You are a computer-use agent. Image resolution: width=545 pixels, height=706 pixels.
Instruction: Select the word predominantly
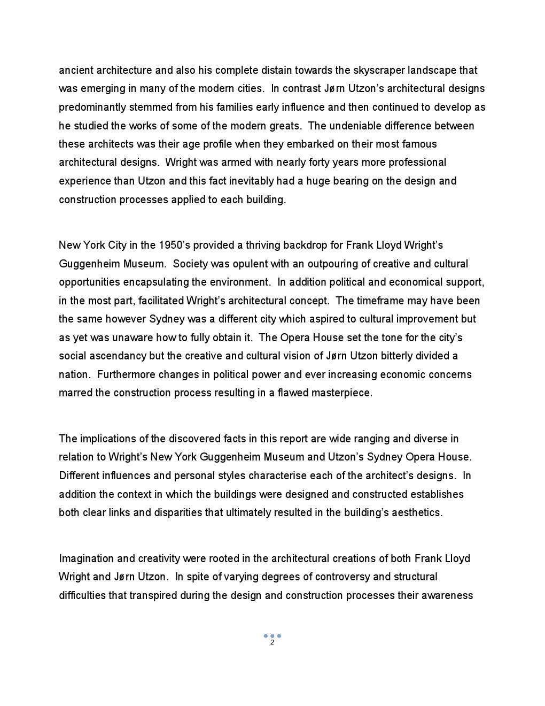[93, 107]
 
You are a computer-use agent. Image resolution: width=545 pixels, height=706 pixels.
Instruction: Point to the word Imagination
[87, 558]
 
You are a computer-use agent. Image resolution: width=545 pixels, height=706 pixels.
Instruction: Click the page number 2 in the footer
[272, 642]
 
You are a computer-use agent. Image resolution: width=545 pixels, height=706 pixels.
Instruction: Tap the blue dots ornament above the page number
[272, 636]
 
